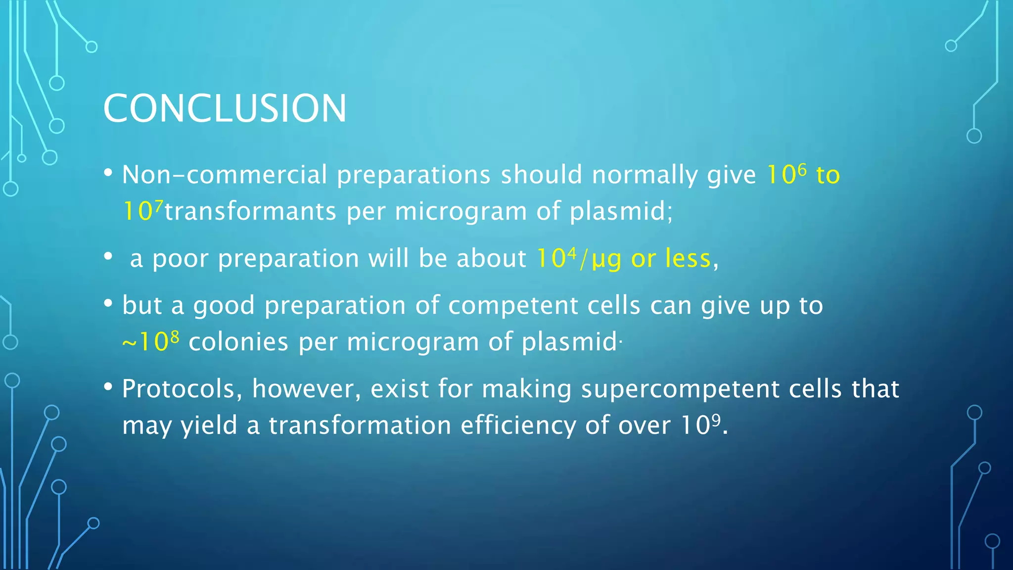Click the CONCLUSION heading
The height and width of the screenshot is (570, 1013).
tap(225, 108)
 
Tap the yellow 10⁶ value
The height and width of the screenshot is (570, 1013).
tap(786, 175)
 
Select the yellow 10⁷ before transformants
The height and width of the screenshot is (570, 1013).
tap(142, 211)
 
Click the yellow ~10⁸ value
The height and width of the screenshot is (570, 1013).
tap(151, 342)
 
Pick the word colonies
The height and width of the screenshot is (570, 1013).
tap(238, 342)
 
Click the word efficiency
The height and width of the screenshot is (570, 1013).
tap(518, 426)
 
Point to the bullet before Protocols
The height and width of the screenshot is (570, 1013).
tap(108, 387)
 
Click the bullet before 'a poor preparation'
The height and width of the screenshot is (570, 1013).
tap(108, 257)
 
